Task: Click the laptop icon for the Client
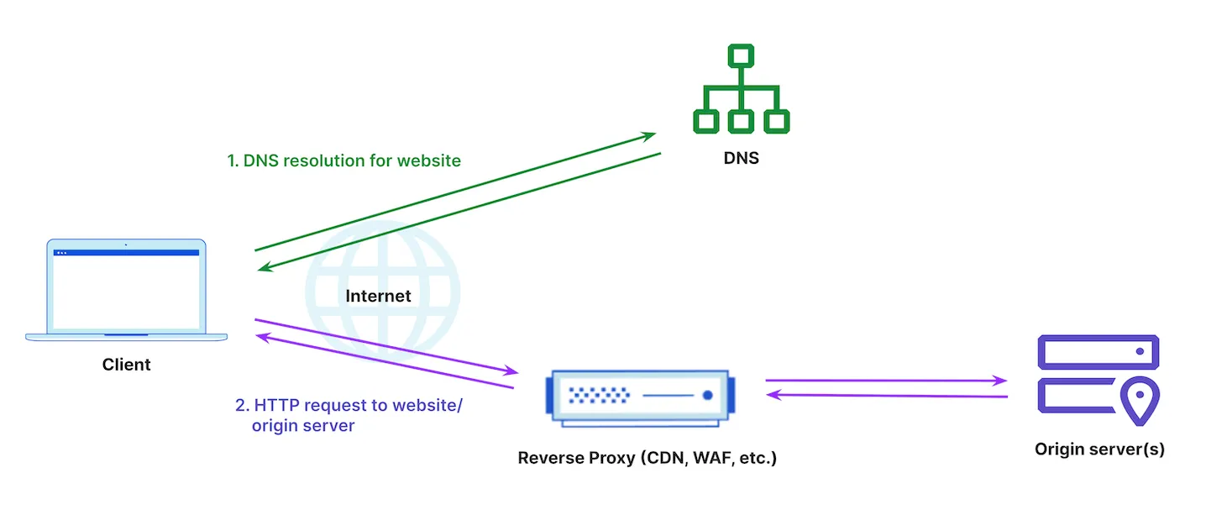pos(126,290)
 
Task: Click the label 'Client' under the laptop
pos(126,365)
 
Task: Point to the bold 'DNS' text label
pos(740,158)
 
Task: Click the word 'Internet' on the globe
pos(378,296)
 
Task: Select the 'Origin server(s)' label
pos(1099,449)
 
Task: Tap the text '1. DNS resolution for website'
pos(343,160)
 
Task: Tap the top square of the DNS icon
pos(740,56)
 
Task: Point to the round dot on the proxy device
pos(707,395)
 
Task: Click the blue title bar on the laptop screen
pos(126,252)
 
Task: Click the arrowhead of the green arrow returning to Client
pos(264,268)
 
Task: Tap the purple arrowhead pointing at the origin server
pos(1000,381)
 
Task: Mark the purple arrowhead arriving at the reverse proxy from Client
pos(511,371)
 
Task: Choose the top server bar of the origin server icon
pos(1098,351)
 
